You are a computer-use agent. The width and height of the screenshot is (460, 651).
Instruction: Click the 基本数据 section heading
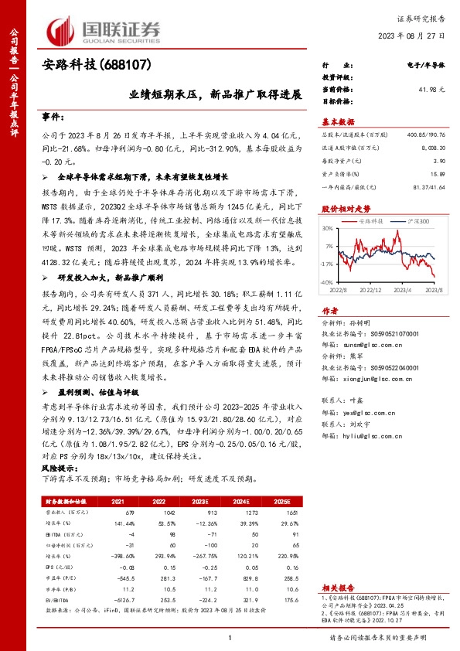337,122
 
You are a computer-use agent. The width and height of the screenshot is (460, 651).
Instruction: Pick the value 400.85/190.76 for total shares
427,135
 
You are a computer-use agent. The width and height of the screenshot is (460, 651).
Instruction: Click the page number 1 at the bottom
230,637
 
